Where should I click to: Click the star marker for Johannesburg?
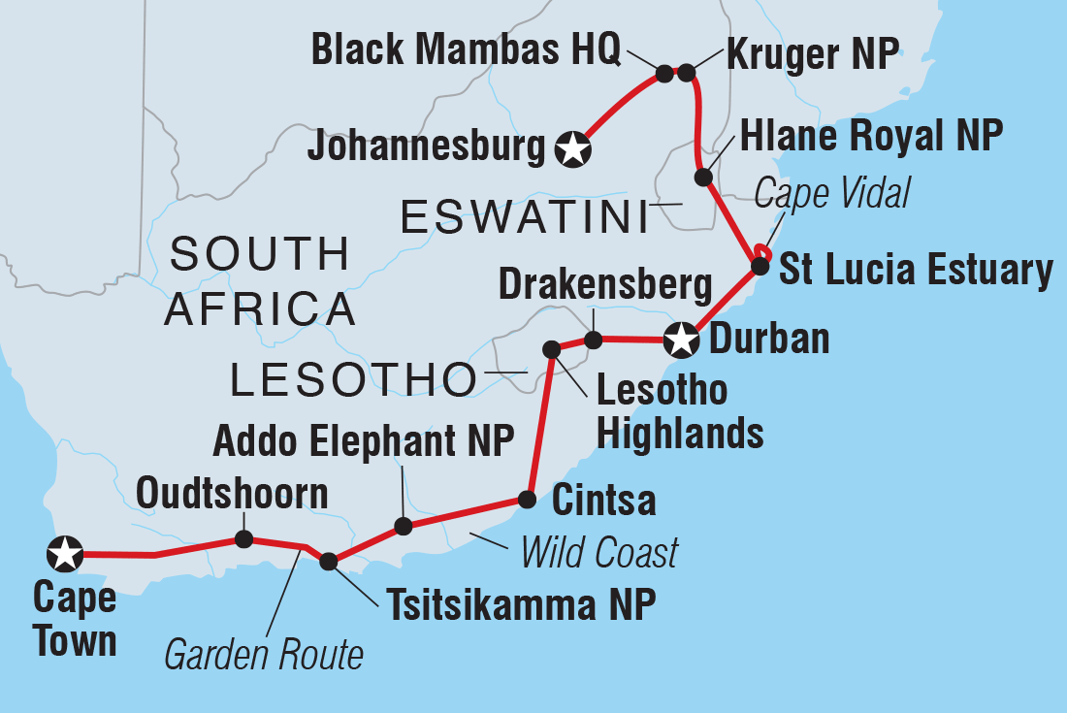tap(573, 148)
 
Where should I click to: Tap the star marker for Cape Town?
tap(65, 554)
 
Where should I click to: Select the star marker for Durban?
tap(681, 340)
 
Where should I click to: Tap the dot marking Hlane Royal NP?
tap(703, 178)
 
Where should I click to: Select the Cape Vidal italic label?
tap(832, 195)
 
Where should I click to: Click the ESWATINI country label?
tap(524, 218)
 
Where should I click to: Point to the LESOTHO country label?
tap(354, 381)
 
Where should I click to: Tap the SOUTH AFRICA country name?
tap(260, 281)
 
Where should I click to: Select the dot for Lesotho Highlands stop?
tap(551, 348)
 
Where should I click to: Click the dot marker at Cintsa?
tap(526, 501)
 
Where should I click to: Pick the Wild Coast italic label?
tap(598, 553)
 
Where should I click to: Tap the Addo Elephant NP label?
tap(363, 441)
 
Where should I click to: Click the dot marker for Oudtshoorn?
tap(243, 538)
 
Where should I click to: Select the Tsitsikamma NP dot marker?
tap(329, 561)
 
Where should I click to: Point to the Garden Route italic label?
tap(264, 656)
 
